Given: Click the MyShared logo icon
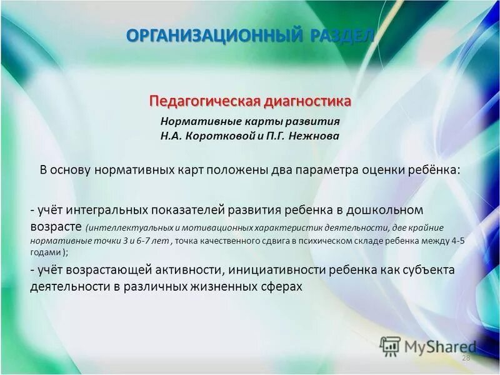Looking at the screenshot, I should click(x=389, y=346).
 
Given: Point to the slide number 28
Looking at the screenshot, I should click(x=465, y=357).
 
